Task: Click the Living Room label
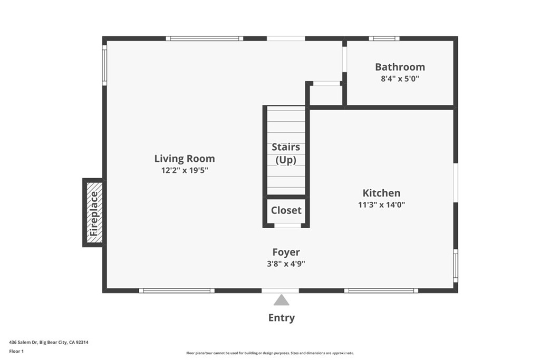click(x=185, y=158)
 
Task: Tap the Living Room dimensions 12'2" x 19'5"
click(x=185, y=170)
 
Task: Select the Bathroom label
click(x=400, y=67)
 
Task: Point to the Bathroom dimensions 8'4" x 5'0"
click(x=400, y=79)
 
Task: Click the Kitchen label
click(x=382, y=193)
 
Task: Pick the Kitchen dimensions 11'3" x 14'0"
click(x=382, y=205)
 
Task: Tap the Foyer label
click(x=286, y=252)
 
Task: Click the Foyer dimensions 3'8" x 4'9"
click(x=286, y=264)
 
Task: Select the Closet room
click(x=286, y=211)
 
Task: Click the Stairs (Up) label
click(x=286, y=153)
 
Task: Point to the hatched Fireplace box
click(x=94, y=213)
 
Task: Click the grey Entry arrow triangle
click(x=282, y=300)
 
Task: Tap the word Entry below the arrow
click(x=282, y=318)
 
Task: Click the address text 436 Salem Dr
click(x=23, y=343)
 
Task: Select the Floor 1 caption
click(x=16, y=352)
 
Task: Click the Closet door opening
click(x=287, y=226)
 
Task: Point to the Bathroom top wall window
click(x=384, y=38)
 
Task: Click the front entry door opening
click(x=281, y=291)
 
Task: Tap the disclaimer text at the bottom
click(x=270, y=353)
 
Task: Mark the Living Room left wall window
click(x=104, y=66)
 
